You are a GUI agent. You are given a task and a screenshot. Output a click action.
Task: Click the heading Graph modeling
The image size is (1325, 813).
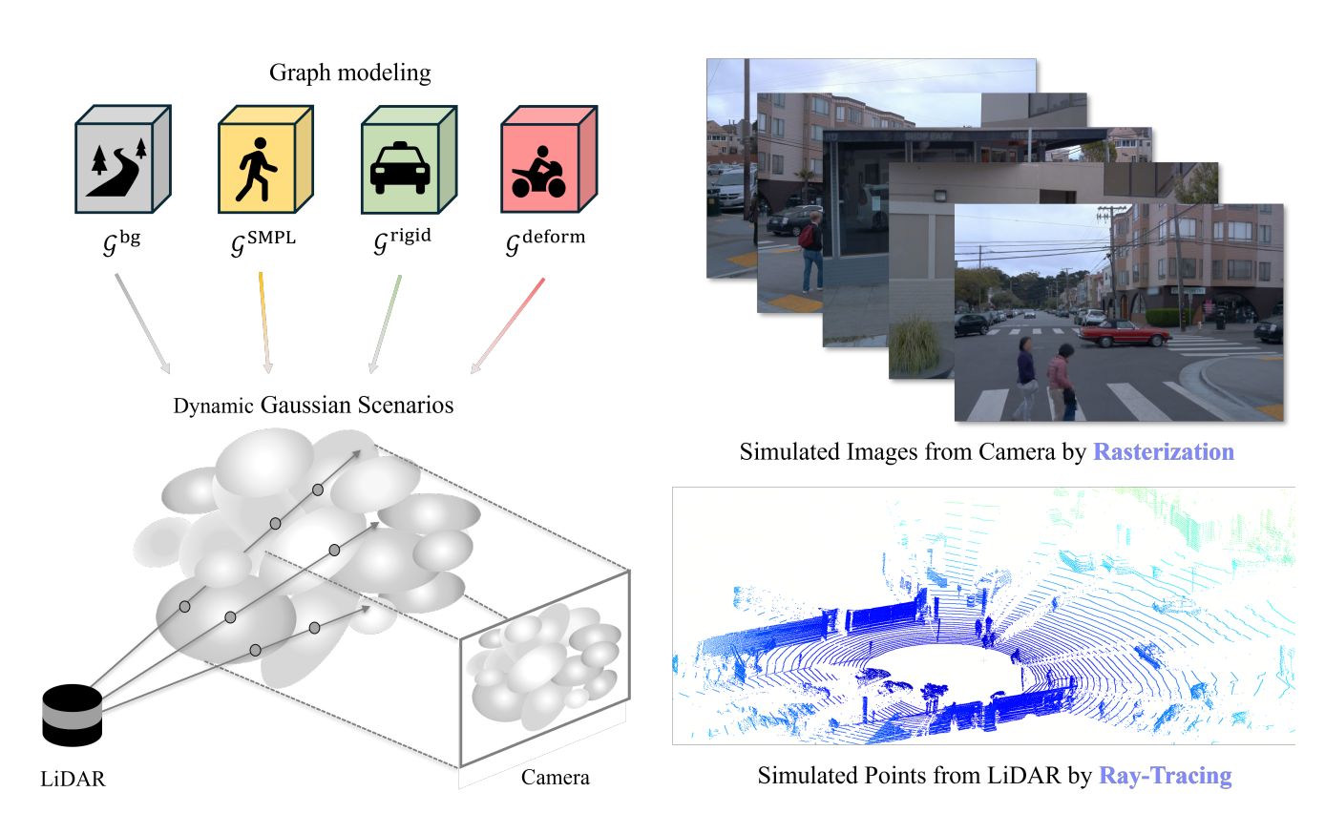pos(349,73)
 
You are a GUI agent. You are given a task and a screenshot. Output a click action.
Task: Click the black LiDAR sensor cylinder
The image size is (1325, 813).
pos(72,715)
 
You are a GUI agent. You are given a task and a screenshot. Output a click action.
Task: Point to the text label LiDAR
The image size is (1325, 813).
pos(73,779)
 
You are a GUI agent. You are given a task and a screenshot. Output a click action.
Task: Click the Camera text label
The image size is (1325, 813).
pos(555,778)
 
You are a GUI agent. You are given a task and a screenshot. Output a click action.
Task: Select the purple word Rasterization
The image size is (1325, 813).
pos(1164,451)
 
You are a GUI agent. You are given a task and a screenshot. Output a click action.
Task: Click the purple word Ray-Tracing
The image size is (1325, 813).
pos(1165,776)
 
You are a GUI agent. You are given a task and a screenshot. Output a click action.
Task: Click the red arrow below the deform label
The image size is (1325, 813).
pos(508,324)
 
